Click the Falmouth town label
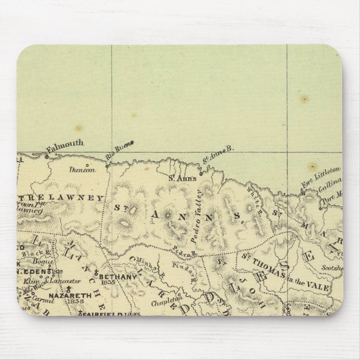click(x=65, y=145)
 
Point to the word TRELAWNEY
click(x=63, y=198)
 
